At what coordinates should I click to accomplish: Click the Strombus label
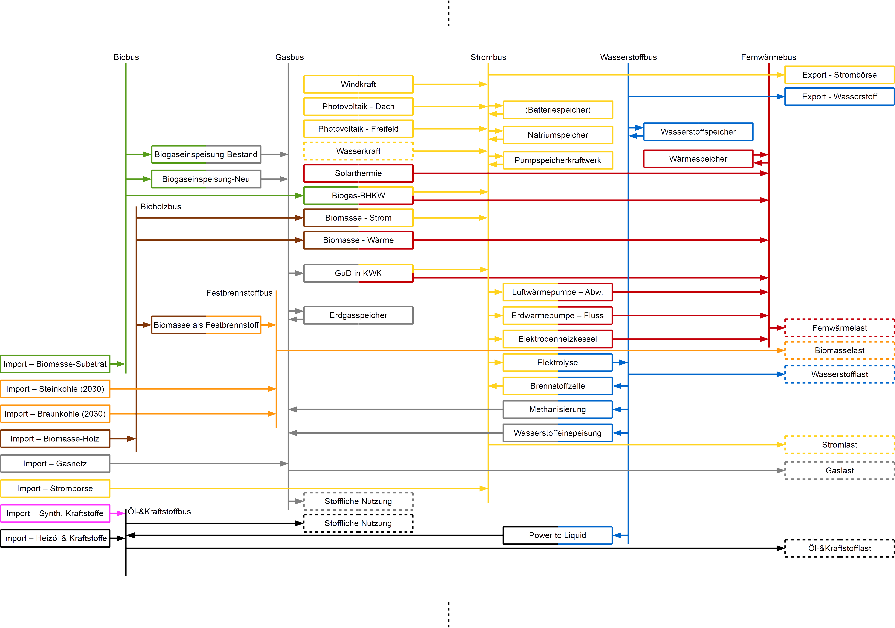(x=488, y=57)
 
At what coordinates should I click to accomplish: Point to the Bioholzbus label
(x=161, y=207)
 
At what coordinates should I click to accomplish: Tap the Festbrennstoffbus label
(x=239, y=293)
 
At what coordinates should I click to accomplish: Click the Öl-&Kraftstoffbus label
(x=159, y=511)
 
